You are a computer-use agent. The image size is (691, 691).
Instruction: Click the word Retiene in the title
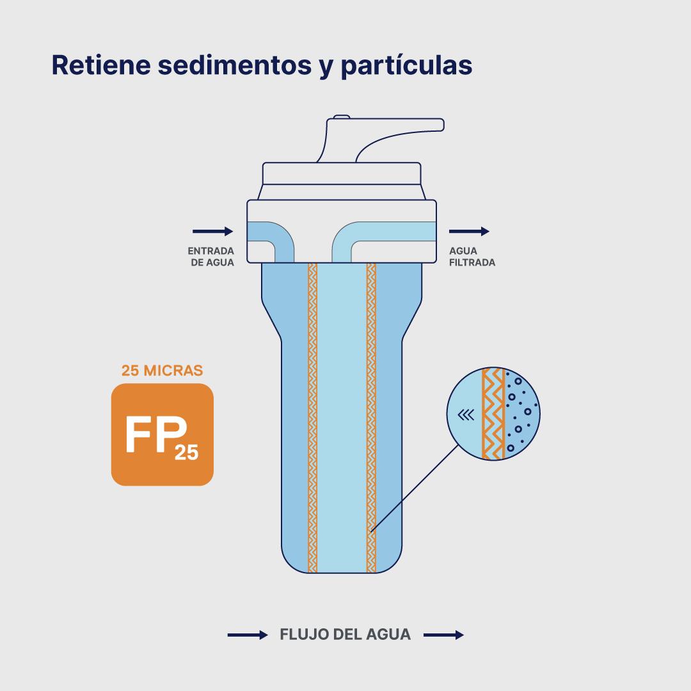[x=101, y=65]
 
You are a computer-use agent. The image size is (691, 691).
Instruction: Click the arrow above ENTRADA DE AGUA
[x=212, y=232]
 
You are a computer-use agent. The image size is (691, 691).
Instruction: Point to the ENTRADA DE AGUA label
[x=211, y=257]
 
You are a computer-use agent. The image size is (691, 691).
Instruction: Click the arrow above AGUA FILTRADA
[x=469, y=232]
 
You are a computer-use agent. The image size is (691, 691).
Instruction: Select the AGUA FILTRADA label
[x=472, y=257]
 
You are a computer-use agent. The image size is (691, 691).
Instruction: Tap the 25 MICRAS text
[x=162, y=370]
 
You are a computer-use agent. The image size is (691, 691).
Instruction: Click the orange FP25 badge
[x=162, y=434]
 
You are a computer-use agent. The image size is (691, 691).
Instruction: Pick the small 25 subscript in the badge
[x=186, y=452]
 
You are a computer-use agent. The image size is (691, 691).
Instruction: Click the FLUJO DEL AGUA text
[x=345, y=635]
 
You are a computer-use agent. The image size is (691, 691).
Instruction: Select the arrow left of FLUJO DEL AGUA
[x=248, y=635]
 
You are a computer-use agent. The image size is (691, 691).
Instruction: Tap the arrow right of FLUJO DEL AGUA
[x=443, y=635]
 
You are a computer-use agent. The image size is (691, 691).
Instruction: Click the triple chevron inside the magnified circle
[x=466, y=415]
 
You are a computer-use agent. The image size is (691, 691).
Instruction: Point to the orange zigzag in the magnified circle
[x=493, y=414]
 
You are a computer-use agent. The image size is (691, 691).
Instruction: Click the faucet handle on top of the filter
[x=380, y=139]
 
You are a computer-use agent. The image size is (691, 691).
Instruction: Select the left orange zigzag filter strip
[x=312, y=418]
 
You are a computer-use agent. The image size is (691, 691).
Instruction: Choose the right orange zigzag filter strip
[x=371, y=418]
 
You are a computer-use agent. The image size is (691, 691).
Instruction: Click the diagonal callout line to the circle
[x=415, y=488]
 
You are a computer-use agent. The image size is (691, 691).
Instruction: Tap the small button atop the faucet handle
[x=342, y=117]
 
